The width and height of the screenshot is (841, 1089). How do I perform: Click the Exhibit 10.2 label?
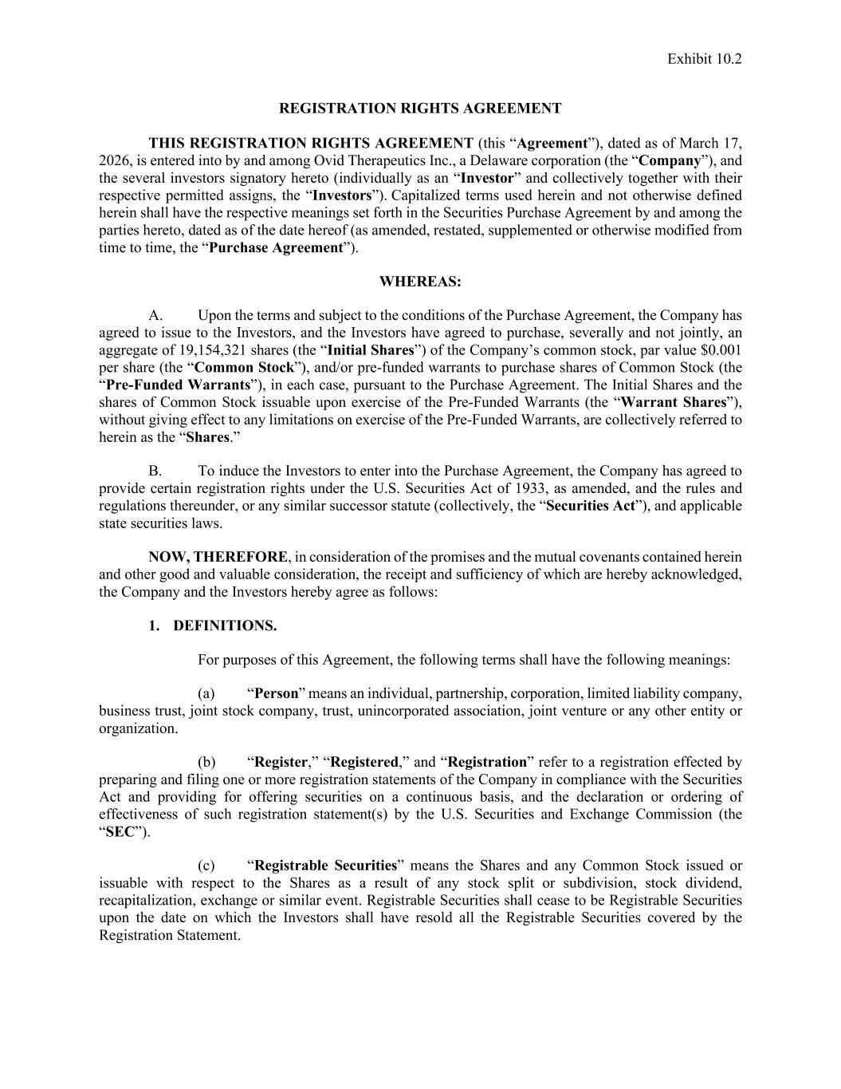click(704, 58)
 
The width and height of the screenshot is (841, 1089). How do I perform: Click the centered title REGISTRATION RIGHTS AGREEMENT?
click(420, 109)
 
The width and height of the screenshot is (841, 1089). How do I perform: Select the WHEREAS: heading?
click(420, 282)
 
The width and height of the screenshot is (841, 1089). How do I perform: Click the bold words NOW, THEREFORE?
click(217, 557)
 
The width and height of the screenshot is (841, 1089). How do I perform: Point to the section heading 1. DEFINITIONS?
click(213, 625)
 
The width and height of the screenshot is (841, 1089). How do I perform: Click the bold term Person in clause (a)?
click(276, 693)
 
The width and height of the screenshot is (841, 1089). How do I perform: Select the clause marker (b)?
click(206, 762)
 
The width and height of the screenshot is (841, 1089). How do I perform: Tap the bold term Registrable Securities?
click(326, 866)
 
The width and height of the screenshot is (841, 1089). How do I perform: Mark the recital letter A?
click(155, 315)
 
